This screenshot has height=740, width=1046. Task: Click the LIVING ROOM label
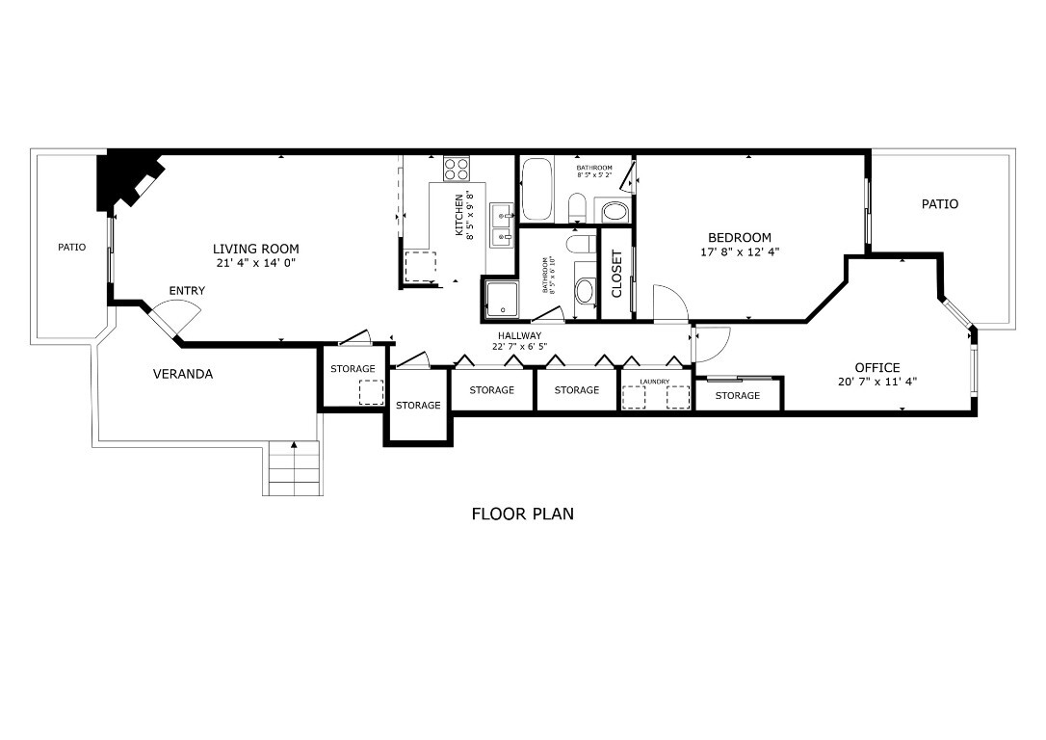[255, 249]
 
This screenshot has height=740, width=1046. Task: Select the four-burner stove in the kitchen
[456, 171]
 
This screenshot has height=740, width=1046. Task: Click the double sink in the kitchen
[501, 225]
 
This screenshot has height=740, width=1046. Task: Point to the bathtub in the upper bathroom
[536, 190]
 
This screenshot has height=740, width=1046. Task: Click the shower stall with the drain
[501, 297]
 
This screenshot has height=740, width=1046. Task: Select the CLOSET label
[617, 275]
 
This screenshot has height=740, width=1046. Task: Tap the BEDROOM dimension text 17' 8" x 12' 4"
[740, 252]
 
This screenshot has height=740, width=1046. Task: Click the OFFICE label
[876, 367]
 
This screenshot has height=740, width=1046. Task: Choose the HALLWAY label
[519, 335]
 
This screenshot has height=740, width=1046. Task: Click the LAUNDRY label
[654, 382]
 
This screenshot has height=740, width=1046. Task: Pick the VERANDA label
[183, 374]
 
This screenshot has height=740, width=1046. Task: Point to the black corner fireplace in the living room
[123, 179]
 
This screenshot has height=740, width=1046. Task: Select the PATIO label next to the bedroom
[939, 204]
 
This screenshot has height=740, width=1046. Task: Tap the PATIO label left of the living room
[71, 248]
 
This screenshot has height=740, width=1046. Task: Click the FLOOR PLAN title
[522, 514]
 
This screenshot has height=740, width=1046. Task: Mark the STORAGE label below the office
[737, 395]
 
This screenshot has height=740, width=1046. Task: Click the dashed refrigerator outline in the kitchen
[419, 265]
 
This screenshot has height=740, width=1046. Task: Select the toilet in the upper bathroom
[577, 206]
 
